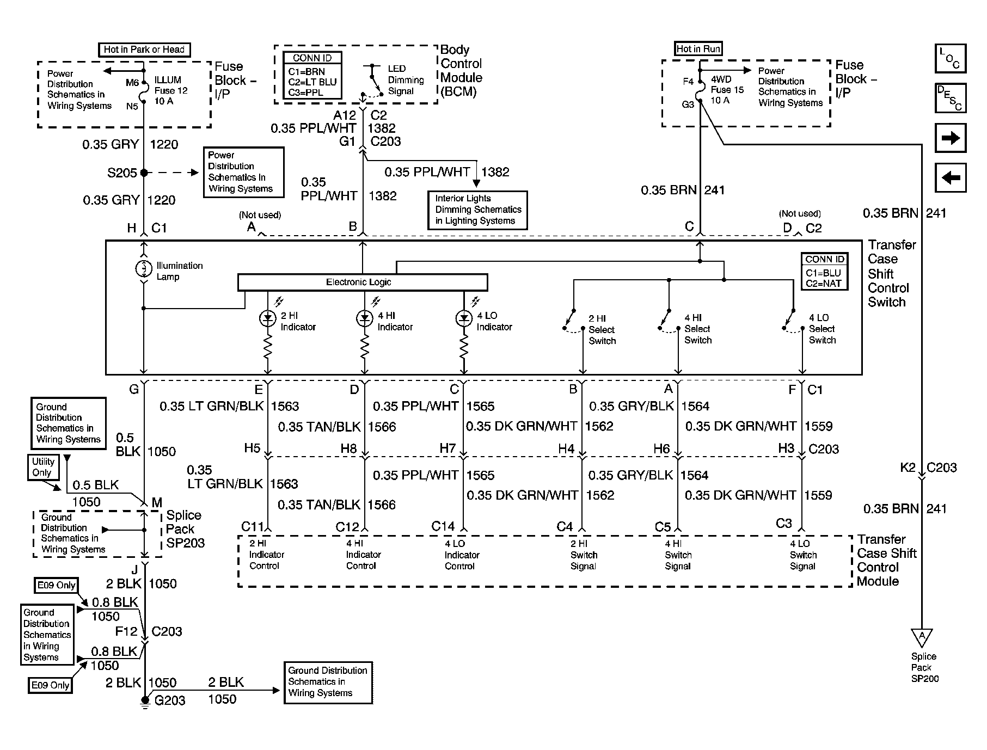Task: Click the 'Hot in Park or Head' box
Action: (x=144, y=50)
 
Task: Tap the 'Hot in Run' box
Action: (x=698, y=48)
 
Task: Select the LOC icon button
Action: (x=950, y=59)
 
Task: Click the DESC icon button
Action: (x=950, y=98)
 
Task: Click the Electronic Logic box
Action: (x=362, y=282)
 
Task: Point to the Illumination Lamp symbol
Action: (x=144, y=268)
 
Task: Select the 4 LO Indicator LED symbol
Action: (x=464, y=319)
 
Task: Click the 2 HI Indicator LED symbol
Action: (x=268, y=319)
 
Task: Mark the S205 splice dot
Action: (x=144, y=173)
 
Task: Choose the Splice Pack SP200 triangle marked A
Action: (x=922, y=637)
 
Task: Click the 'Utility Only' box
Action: (x=43, y=467)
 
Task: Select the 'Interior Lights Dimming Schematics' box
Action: (x=477, y=210)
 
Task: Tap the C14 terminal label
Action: (x=443, y=526)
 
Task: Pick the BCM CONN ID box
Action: (x=312, y=76)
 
